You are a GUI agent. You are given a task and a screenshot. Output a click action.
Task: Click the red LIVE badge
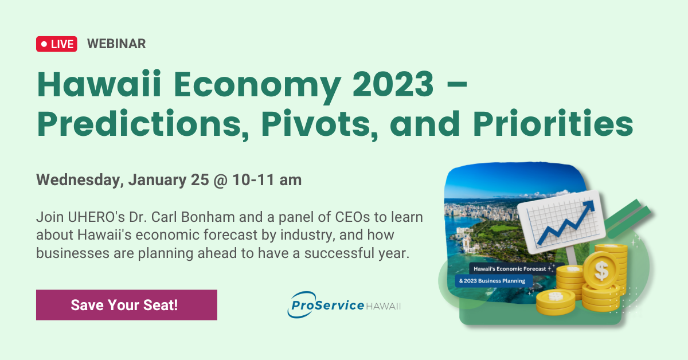57,44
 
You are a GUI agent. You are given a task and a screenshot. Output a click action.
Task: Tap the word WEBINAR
116,44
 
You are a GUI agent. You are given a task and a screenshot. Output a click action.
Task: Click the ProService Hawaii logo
343,304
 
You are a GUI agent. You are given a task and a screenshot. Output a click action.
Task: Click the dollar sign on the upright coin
601,270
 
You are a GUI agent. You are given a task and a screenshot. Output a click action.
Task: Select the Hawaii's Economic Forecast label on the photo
507,268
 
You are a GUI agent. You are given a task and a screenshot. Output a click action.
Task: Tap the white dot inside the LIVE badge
44,44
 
